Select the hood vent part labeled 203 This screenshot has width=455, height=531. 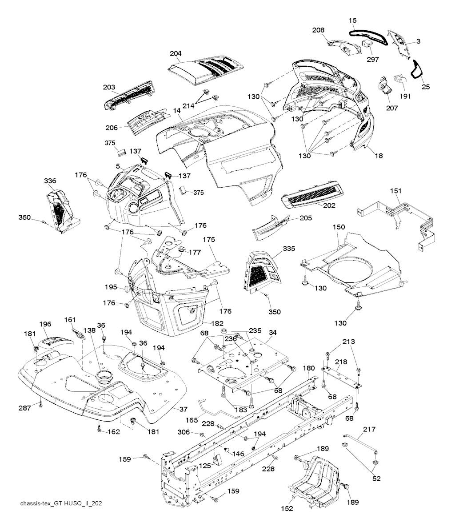(129, 94)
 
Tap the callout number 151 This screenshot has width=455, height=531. (383, 191)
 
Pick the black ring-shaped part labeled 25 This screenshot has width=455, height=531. (418, 71)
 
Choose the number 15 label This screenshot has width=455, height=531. (352, 21)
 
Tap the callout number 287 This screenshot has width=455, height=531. (24, 407)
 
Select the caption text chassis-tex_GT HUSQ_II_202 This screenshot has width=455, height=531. (62, 503)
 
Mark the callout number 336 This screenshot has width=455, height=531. (50, 181)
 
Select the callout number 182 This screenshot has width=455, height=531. (217, 323)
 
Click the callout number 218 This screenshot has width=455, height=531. (341, 362)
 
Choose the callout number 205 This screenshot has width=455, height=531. (306, 218)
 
